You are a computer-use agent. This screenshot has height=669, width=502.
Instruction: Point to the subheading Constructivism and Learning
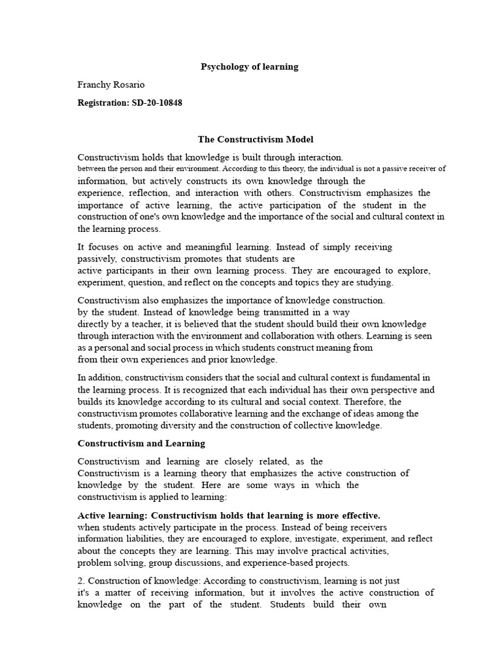click(x=141, y=443)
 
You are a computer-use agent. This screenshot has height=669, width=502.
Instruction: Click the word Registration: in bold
click(x=103, y=103)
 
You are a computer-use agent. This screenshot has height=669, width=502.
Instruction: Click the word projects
click(x=332, y=563)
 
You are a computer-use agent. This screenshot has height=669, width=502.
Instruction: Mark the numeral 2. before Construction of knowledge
click(x=81, y=580)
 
